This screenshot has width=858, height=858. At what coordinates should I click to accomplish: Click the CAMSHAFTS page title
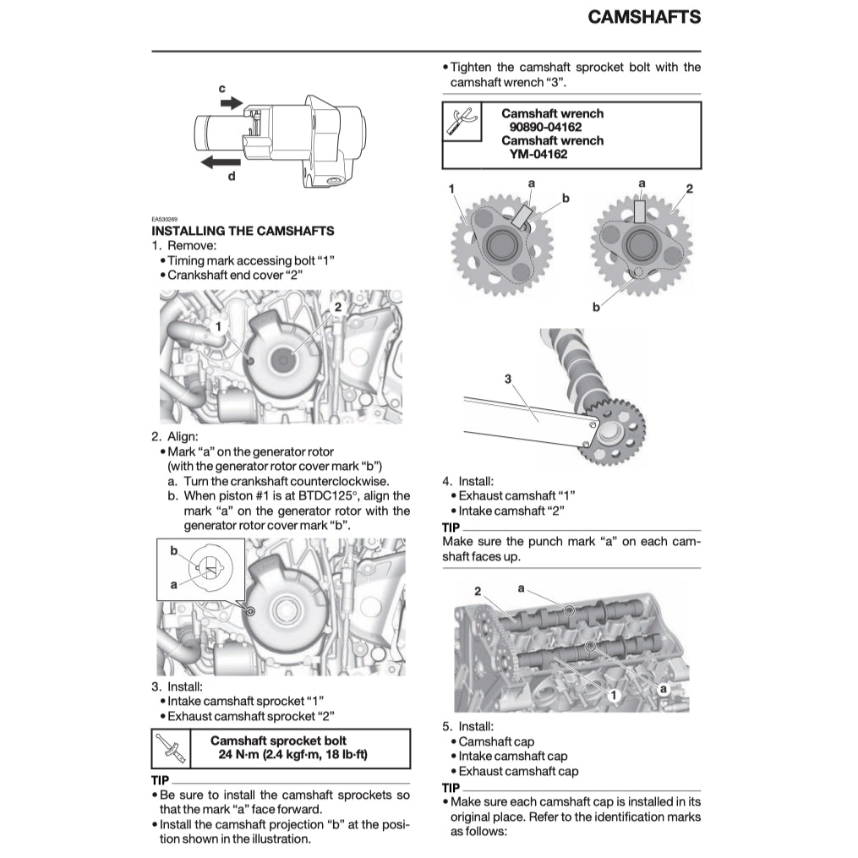tap(643, 16)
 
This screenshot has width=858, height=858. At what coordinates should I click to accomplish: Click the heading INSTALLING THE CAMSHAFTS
tap(243, 231)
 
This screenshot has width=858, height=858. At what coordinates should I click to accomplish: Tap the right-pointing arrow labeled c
tap(230, 102)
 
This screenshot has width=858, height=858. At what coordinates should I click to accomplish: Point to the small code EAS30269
tap(164, 219)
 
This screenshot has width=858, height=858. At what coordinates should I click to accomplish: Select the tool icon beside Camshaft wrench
tap(461, 121)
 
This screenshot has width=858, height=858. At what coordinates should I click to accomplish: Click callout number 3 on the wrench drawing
tap(508, 380)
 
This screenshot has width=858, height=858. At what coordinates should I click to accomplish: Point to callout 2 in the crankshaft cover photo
tap(337, 307)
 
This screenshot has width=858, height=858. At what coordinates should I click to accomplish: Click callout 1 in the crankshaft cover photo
tap(218, 325)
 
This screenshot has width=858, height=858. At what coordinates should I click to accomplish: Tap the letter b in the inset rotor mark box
tap(173, 550)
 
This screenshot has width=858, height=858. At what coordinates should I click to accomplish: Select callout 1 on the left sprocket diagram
tap(452, 188)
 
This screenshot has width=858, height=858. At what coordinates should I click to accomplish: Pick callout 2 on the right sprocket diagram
tap(689, 188)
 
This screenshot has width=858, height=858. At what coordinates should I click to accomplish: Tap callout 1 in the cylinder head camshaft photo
tap(615, 694)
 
